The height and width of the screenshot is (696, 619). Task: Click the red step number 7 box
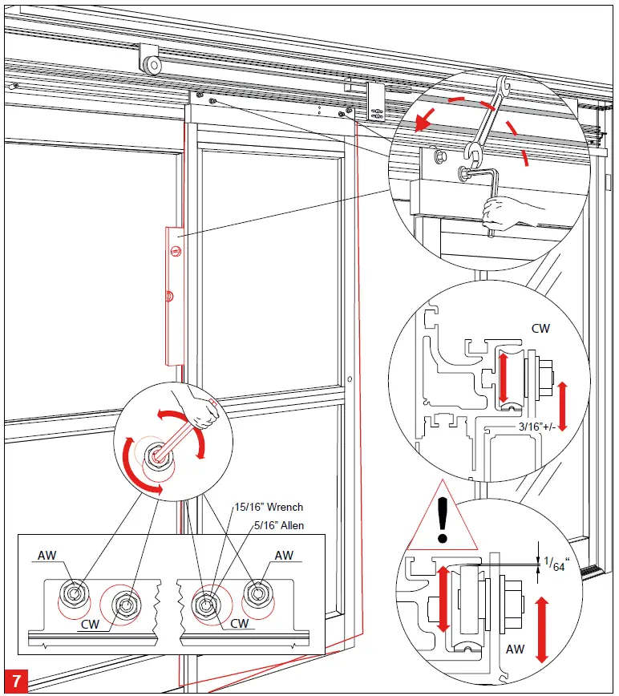17,681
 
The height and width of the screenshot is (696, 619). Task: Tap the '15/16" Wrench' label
269,508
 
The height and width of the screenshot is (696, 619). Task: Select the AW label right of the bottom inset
284,556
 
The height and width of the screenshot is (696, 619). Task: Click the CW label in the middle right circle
541,328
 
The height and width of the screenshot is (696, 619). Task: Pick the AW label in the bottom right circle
516,649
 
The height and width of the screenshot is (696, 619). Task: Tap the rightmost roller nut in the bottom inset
258,593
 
